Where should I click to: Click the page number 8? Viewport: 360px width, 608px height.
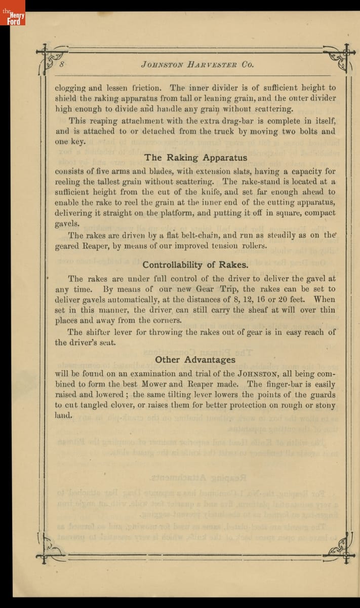pos(62,64)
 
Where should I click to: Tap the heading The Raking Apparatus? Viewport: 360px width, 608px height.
pos(195,158)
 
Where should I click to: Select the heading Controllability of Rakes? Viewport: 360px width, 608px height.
pos(195,264)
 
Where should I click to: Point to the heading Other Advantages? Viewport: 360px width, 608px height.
pos(195,359)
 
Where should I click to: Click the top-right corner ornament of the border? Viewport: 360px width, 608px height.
pos(340,57)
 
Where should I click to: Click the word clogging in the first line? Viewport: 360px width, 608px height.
pos(70,88)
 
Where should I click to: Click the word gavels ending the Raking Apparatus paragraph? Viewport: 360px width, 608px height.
pos(67,223)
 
